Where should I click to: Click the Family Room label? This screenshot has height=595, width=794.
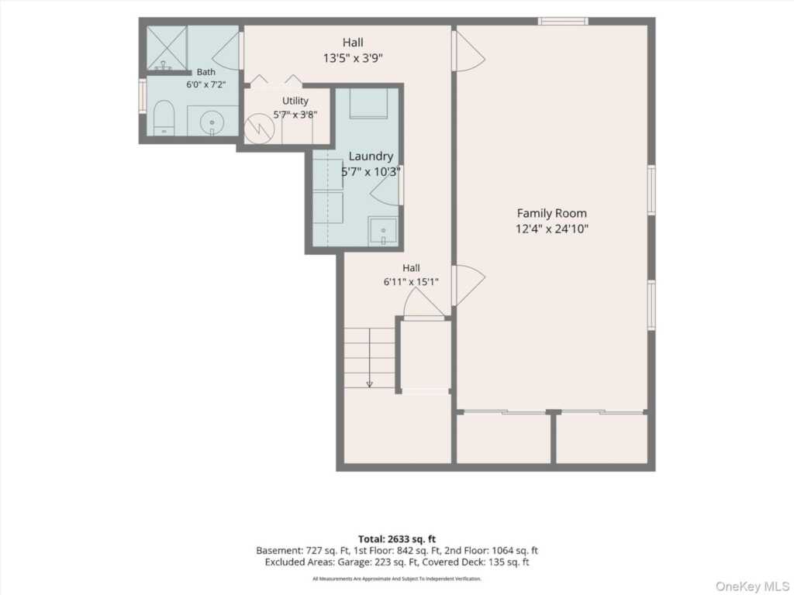(551, 214)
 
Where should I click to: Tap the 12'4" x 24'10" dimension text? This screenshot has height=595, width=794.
(552, 229)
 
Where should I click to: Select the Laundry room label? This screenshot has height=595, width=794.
(371, 156)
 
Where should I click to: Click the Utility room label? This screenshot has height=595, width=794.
(295, 101)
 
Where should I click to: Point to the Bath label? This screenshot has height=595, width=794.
(206, 72)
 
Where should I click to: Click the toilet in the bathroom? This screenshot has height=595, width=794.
(164, 118)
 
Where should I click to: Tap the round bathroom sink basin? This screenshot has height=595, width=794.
(212, 122)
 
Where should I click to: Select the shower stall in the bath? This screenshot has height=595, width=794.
(167, 47)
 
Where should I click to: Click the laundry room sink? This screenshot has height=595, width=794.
(383, 232)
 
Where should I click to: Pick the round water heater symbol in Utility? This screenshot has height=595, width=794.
(259, 129)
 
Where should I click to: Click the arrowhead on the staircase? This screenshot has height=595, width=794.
(370, 384)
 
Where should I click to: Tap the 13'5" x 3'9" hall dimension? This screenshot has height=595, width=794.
(353, 58)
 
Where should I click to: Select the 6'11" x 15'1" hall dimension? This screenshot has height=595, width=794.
(411, 282)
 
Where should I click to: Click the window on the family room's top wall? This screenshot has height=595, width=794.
(563, 21)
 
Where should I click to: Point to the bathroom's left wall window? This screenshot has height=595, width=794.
(143, 95)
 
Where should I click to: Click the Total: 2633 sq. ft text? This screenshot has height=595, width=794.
(397, 539)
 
